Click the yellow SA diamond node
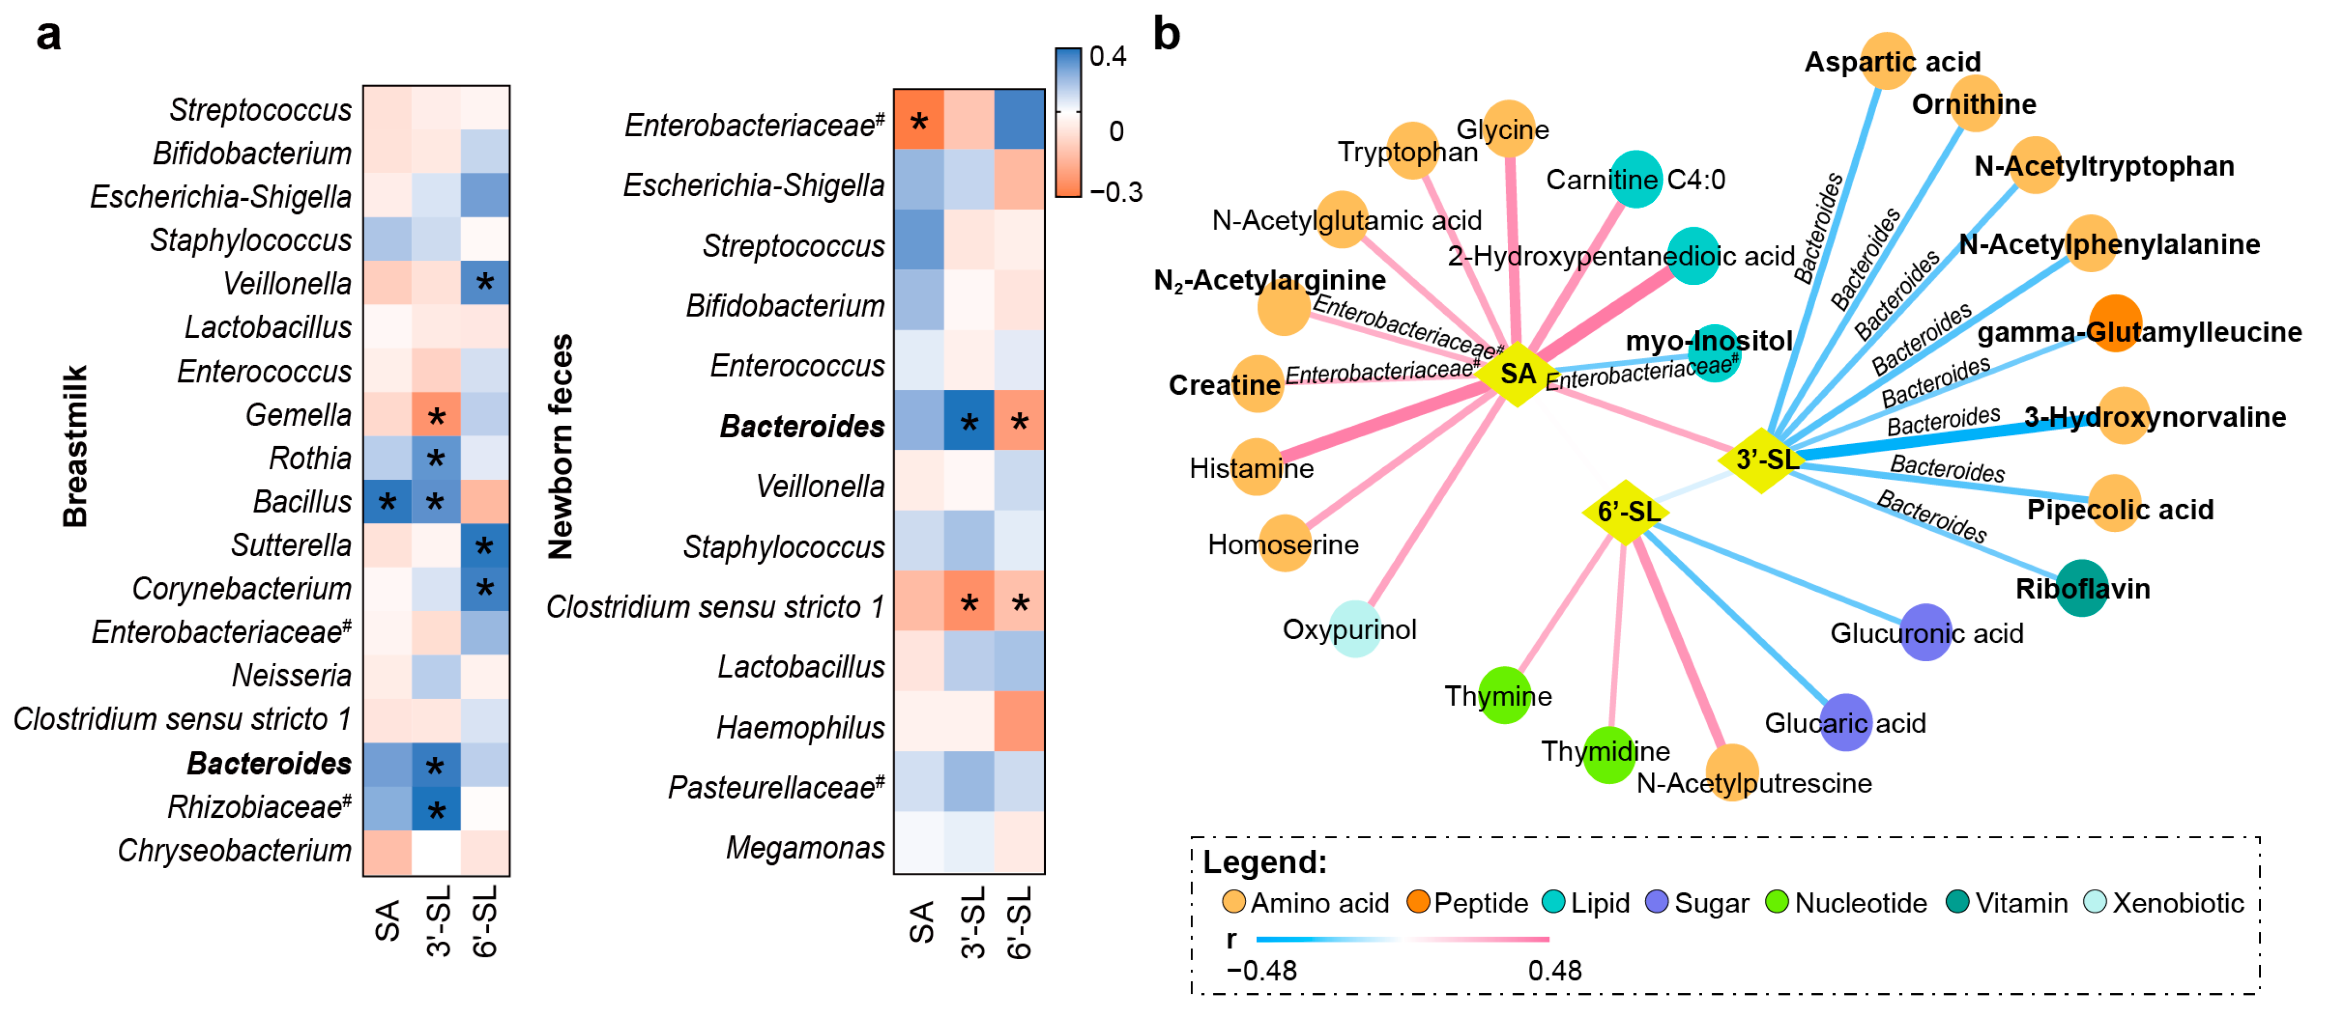[x=1517, y=374]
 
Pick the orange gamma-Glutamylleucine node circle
[x=2115, y=322]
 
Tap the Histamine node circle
[x=1256, y=467]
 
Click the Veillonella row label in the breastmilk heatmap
[x=287, y=283]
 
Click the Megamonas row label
[x=805, y=847]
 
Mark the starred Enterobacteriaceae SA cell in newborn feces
[x=919, y=121]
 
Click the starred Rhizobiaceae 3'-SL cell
[x=436, y=809]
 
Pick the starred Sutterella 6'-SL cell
[x=485, y=545]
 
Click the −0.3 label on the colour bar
[x=1116, y=192]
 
